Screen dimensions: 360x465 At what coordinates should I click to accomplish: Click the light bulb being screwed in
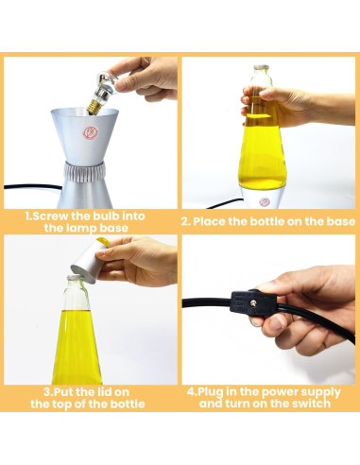click(x=102, y=93)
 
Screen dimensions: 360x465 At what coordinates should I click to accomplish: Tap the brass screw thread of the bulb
click(x=94, y=107)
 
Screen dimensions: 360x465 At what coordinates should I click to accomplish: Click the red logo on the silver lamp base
click(x=91, y=133)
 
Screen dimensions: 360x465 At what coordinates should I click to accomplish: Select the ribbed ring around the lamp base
click(x=84, y=172)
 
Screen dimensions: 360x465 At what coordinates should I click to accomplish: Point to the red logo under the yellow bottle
click(x=265, y=201)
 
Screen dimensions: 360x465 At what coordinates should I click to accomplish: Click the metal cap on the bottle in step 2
click(x=262, y=67)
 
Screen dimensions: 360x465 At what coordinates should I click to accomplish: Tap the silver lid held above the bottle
click(x=88, y=262)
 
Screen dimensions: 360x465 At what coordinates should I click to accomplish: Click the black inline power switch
click(x=254, y=303)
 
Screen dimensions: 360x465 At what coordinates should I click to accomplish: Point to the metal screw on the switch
click(x=252, y=303)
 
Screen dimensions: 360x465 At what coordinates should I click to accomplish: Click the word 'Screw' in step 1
click(x=50, y=216)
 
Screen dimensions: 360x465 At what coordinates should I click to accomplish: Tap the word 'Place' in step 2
click(x=209, y=221)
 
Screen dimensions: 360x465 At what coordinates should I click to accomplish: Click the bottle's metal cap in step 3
click(x=74, y=278)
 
